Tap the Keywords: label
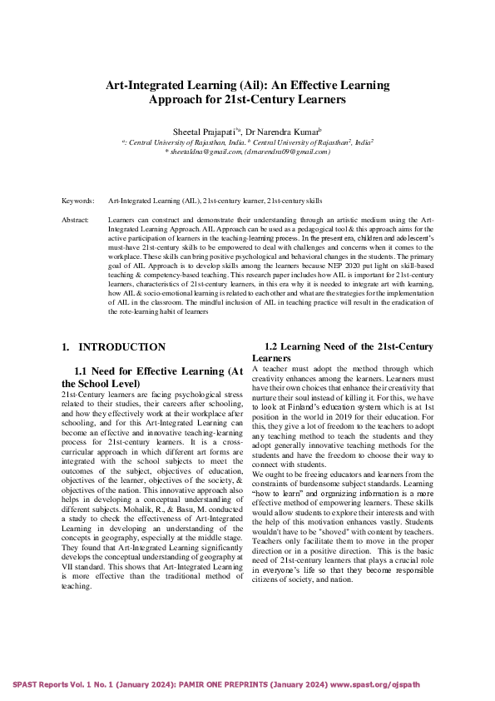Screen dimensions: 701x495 point(77,201)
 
